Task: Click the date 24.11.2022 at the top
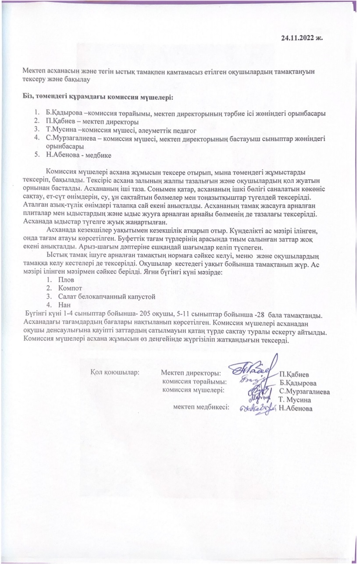point(302,38)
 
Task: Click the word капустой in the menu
point(143,296)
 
